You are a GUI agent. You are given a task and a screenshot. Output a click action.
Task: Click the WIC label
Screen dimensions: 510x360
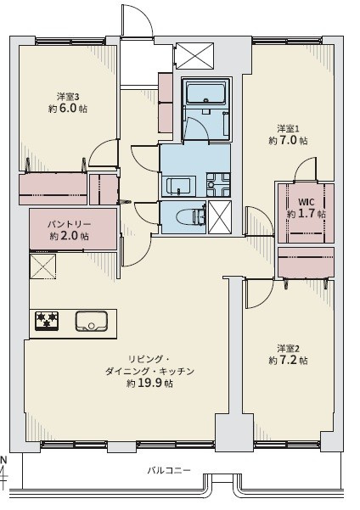[306, 202]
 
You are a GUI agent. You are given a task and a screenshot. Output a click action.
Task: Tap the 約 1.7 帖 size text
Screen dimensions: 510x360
[306, 215]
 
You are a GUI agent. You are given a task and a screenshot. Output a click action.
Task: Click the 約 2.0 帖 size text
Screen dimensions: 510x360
[70, 236]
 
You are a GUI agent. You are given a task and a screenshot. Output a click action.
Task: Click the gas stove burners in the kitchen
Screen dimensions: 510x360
[47, 320]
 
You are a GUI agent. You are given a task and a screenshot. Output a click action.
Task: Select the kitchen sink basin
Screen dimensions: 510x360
[89, 321]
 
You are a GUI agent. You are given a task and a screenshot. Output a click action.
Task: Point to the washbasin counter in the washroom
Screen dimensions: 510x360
[178, 185]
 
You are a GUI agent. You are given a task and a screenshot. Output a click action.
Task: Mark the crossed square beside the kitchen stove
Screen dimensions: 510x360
[42, 266]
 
